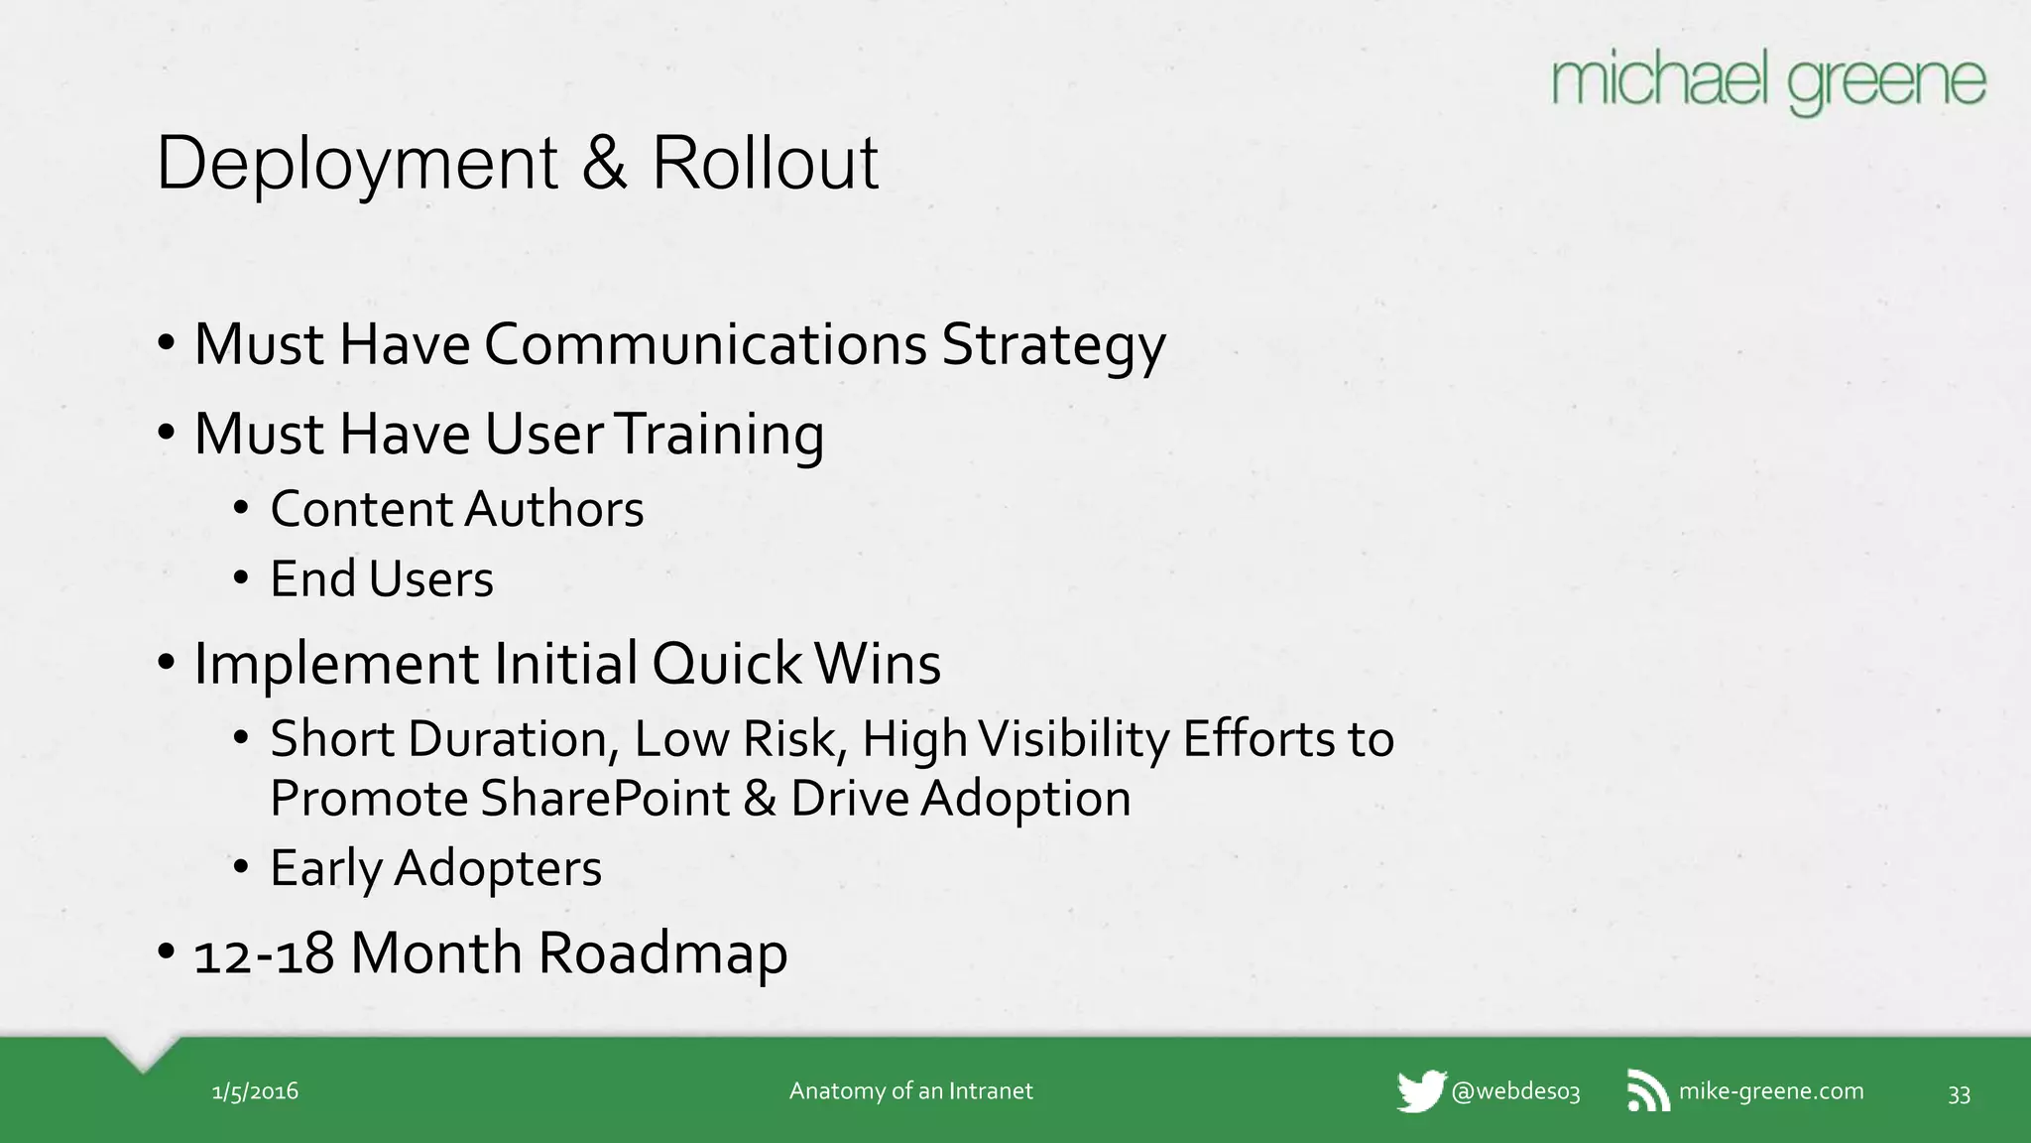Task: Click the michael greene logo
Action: coord(1768,83)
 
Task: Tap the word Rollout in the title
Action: coord(765,164)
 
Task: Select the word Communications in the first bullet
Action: coord(705,344)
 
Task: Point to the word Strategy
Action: coord(1053,346)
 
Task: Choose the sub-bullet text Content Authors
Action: coord(456,509)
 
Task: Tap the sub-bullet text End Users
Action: coord(381,579)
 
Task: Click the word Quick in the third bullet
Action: coord(726,663)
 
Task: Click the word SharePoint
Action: coord(605,799)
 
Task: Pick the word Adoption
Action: coord(1025,799)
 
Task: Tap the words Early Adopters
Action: coord(435,868)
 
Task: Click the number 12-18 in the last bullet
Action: coord(264,953)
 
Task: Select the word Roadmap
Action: coord(662,953)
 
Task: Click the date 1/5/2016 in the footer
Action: coord(255,1091)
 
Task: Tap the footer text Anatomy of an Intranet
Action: coord(910,1091)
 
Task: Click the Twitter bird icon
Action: coord(1420,1091)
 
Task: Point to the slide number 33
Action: coord(1959,1093)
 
